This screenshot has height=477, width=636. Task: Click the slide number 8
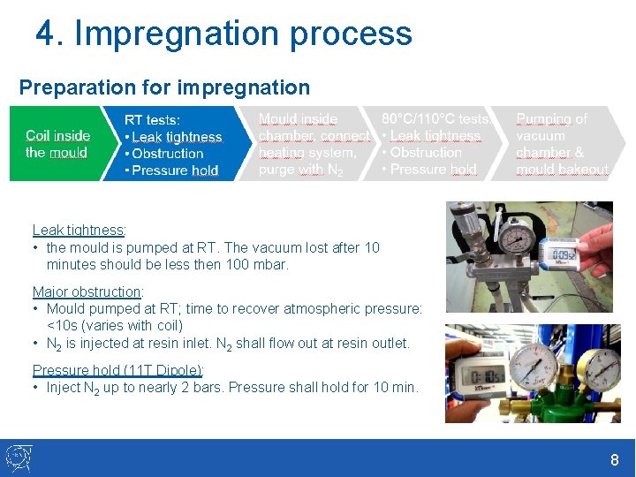(x=614, y=460)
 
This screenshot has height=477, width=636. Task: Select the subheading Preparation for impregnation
(x=164, y=87)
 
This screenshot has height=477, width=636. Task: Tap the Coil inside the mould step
(x=57, y=144)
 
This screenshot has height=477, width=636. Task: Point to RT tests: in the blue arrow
(x=152, y=119)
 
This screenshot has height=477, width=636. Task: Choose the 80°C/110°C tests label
(x=435, y=118)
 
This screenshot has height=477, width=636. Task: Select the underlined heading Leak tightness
(x=78, y=231)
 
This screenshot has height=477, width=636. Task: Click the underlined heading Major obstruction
(x=87, y=291)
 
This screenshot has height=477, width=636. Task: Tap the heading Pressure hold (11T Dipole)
(x=117, y=370)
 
